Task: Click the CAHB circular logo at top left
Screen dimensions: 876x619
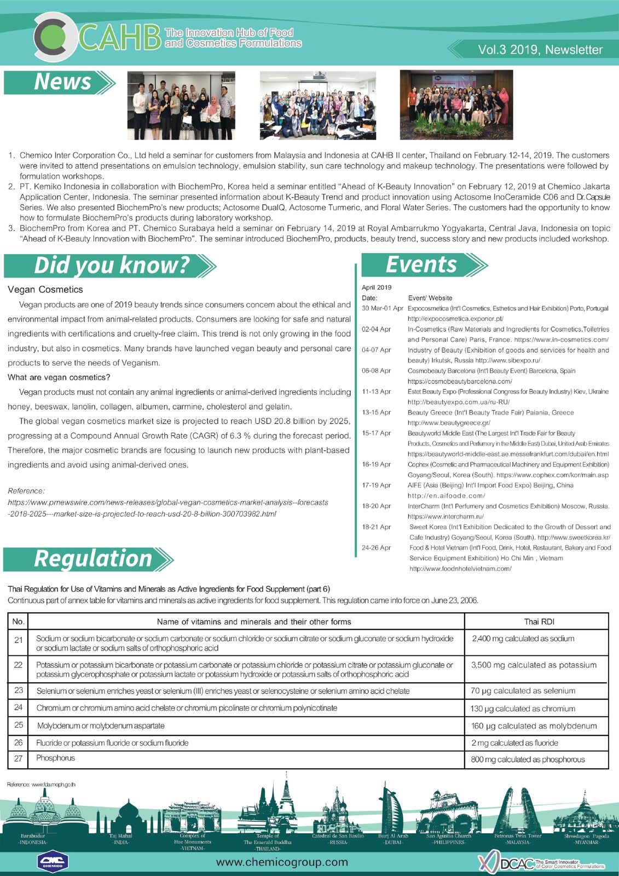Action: point(54,37)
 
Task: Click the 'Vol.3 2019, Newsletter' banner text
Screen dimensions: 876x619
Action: point(540,50)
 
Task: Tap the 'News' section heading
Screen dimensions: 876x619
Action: point(62,82)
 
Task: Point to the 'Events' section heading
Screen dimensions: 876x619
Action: point(421,265)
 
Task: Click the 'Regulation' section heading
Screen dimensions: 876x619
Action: point(92,559)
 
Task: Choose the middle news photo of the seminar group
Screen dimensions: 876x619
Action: point(317,105)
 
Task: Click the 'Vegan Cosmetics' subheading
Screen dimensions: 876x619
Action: point(45,290)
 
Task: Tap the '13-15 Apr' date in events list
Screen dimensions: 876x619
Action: point(377,413)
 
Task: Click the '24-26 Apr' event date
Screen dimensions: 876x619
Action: point(377,548)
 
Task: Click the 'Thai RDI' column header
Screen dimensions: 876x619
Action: point(539,622)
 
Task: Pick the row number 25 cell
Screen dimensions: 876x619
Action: point(19,725)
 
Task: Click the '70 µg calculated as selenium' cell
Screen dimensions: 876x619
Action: point(523,691)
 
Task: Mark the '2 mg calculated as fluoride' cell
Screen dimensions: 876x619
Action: point(514,743)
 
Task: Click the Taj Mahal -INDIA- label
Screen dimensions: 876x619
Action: point(121,839)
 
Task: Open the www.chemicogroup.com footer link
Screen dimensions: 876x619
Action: point(282,862)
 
